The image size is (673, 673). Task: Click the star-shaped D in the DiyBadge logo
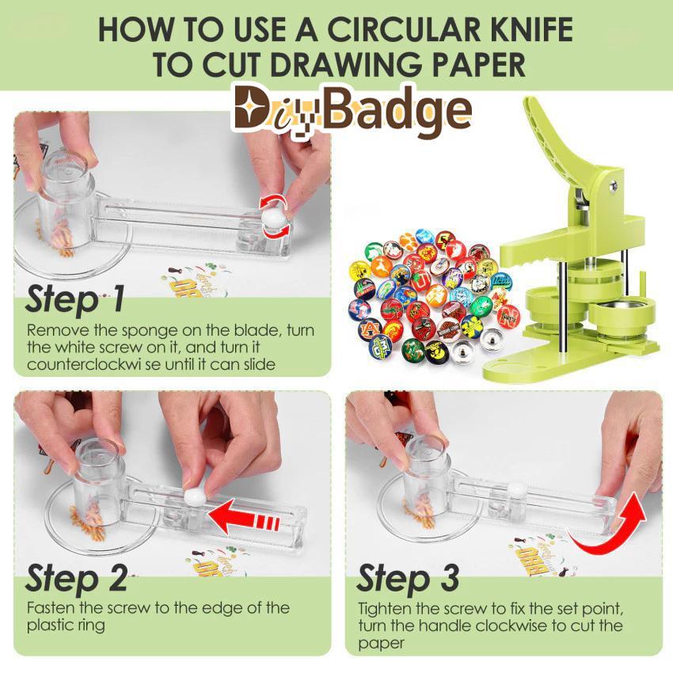254,109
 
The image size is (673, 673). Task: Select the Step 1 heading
75,299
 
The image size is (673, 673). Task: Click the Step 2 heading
76,578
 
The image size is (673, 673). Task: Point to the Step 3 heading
408,578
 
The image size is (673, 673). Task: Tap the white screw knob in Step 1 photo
274,219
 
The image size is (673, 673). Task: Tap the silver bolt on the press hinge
612,186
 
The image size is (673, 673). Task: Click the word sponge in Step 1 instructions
150,331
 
